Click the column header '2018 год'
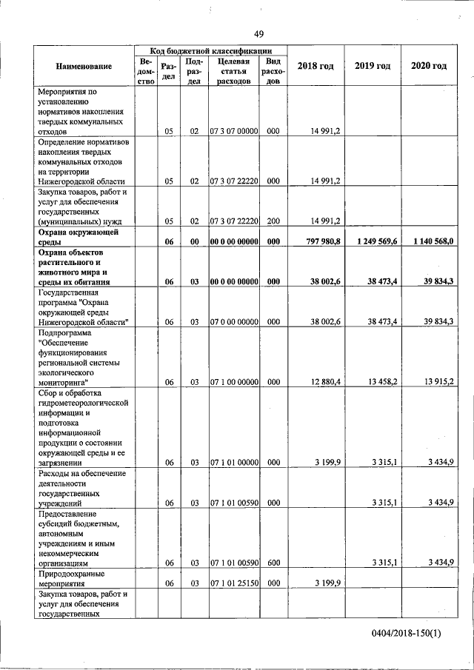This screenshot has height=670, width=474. pos(316,67)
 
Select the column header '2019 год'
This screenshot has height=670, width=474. pos(373,67)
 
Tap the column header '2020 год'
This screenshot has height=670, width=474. pos(429,67)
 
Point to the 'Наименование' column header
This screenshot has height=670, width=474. pos(84,67)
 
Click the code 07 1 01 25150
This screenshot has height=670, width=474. pos(233,583)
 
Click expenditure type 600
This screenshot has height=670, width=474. pos(273,563)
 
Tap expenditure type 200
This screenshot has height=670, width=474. pos(273,221)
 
